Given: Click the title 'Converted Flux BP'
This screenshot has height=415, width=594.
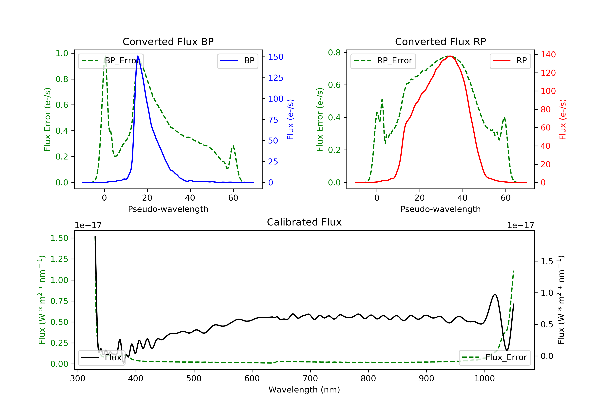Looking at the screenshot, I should (x=168, y=41).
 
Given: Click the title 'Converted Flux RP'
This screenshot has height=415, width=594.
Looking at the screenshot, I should (x=440, y=41).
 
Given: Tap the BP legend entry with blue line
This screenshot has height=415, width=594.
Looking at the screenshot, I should (x=237, y=61).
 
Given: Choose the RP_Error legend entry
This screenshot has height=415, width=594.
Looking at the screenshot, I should (x=383, y=61).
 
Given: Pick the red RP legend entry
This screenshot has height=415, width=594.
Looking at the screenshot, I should (x=510, y=61).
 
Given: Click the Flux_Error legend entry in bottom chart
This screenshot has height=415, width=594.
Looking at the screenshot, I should (x=494, y=357).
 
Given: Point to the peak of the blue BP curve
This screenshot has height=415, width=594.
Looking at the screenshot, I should (x=138, y=56).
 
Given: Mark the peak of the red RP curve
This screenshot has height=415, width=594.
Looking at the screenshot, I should (x=450, y=56).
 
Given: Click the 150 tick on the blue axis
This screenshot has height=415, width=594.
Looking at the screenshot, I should (x=276, y=57).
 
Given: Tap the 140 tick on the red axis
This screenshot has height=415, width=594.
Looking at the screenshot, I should (x=548, y=55).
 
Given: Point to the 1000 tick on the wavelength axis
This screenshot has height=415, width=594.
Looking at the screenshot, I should (x=484, y=379).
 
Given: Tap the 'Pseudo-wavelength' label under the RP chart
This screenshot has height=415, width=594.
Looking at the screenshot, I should (x=440, y=209).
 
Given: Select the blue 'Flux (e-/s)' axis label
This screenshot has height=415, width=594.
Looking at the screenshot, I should (x=290, y=119).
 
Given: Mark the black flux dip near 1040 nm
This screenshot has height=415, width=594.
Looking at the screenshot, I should (x=507, y=350).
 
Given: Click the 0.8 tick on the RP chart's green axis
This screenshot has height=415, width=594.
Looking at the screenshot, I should (x=334, y=53).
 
